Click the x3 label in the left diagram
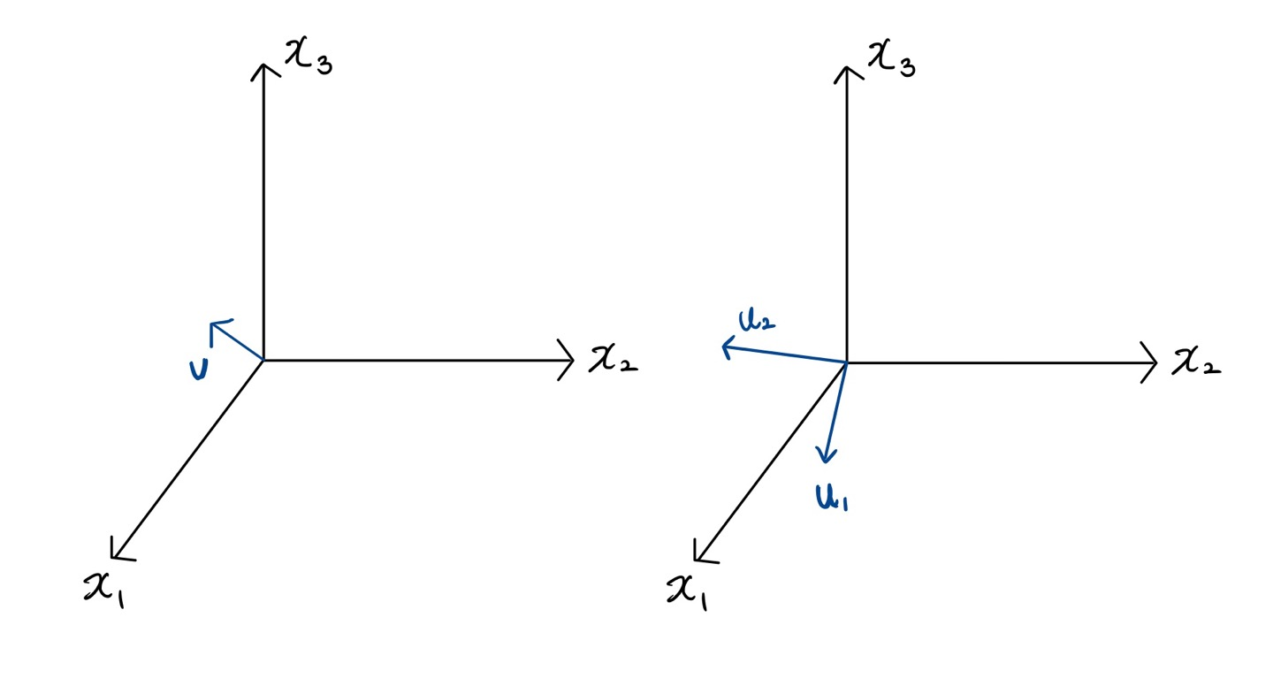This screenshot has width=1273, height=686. (x=308, y=59)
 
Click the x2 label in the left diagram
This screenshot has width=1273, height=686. (x=613, y=359)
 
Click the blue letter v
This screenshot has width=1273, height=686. (x=198, y=369)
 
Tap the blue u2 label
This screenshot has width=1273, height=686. (x=758, y=322)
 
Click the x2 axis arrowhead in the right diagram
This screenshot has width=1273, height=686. (x=1154, y=362)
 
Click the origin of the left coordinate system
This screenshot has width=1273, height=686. (x=264, y=360)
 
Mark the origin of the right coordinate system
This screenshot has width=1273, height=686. (x=847, y=362)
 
